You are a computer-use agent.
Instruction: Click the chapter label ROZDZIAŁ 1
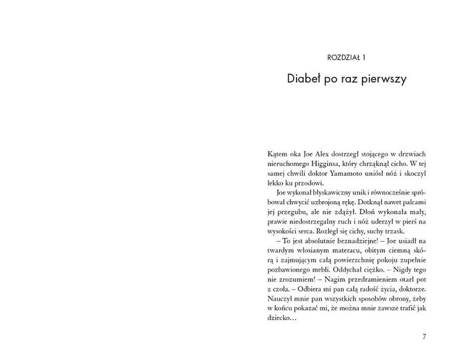click(347, 58)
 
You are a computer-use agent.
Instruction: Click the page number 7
click(425, 337)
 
